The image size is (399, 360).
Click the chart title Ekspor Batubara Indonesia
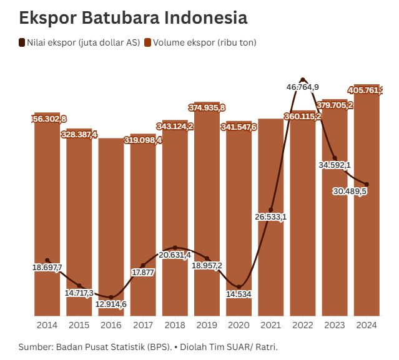tap(133, 17)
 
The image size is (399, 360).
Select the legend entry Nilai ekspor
tap(79, 42)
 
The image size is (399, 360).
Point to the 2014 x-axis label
tap(47, 325)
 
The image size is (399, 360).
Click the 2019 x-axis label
tap(207, 325)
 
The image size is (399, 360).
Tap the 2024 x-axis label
tap(367, 325)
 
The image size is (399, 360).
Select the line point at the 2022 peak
tap(303, 80)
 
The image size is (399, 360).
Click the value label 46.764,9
tap(303, 87)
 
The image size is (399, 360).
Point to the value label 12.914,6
tap(111, 304)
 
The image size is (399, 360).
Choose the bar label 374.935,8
tap(207, 108)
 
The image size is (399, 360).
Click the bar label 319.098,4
tap(143, 140)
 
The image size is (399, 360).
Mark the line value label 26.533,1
tap(270, 217)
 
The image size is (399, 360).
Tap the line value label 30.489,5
tap(350, 191)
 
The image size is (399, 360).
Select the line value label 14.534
tap(239, 294)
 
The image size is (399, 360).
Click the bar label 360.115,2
tap(303, 116)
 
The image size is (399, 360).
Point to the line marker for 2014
tap(47, 260)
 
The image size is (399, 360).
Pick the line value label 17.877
tap(143, 273)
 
